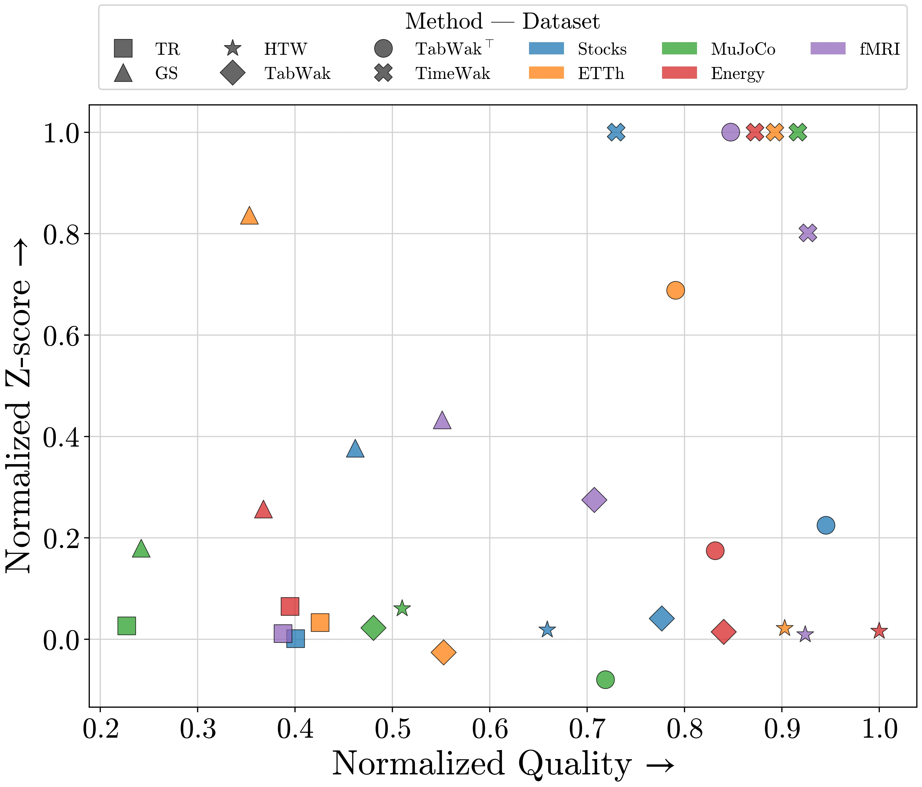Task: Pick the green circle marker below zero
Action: [605, 679]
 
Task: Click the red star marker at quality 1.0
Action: [879, 631]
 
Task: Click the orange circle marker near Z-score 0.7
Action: [676, 290]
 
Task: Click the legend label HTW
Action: [285, 49]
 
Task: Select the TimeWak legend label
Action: [453, 73]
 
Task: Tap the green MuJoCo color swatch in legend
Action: [679, 48]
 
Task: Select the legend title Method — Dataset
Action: [502, 21]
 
